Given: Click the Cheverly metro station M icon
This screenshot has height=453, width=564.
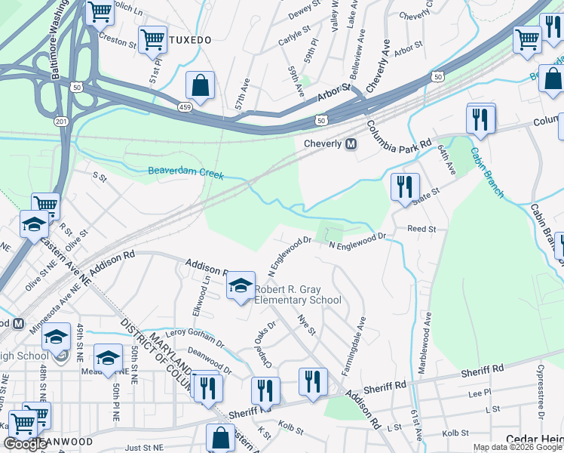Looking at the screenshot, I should [x=351, y=143].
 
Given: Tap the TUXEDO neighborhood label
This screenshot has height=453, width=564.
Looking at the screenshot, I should [x=189, y=39].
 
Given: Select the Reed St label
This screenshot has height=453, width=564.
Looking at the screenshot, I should [x=421, y=228].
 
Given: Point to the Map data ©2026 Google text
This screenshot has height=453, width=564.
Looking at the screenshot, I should [x=516, y=447].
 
